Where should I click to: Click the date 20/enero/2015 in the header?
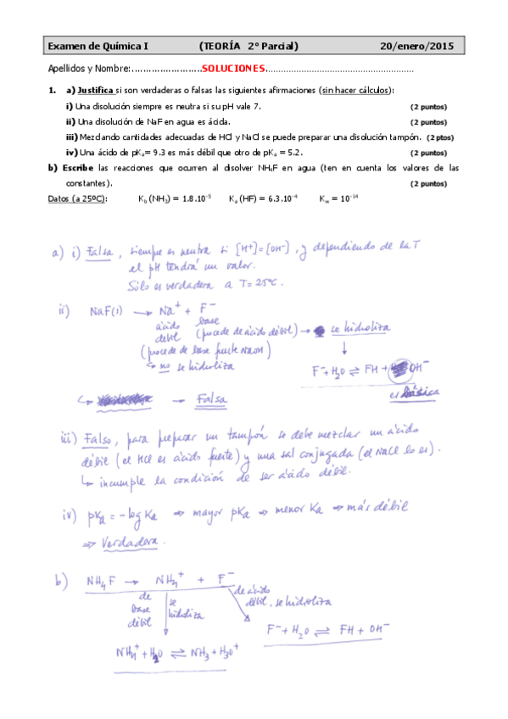tap(418, 47)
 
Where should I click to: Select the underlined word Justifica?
tap(95, 90)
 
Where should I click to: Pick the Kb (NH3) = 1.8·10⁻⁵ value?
tap(176, 198)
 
